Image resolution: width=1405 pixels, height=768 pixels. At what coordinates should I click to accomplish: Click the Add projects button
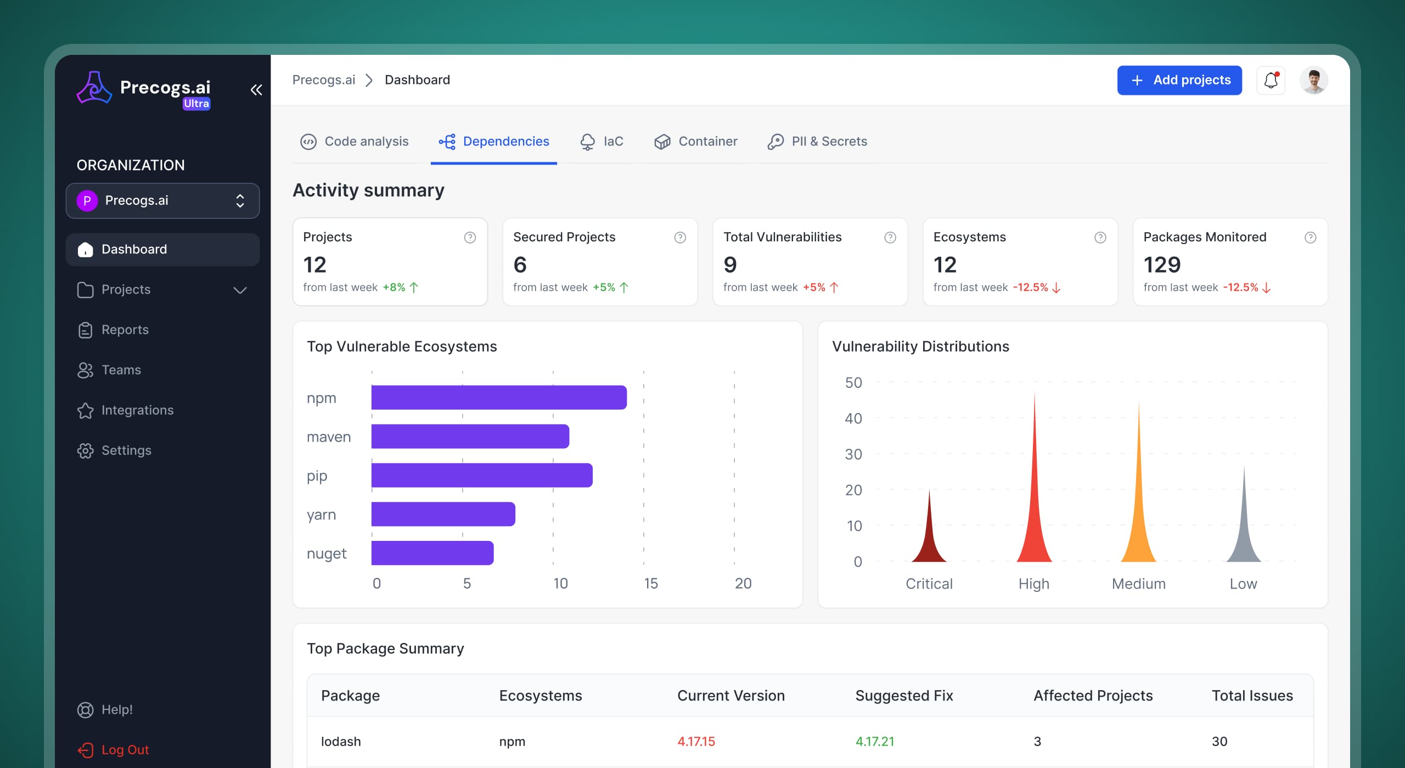pyautogui.click(x=1179, y=80)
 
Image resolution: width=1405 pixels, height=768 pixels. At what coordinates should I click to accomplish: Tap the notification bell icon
pyautogui.click(x=1271, y=81)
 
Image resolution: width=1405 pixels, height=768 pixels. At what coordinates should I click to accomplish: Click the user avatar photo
pyautogui.click(x=1313, y=81)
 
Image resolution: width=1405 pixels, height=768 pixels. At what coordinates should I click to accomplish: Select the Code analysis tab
pyautogui.click(x=355, y=142)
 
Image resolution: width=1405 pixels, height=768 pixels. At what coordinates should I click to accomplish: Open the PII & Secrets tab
pyautogui.click(x=817, y=142)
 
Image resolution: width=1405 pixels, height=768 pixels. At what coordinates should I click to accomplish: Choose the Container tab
pyautogui.click(x=695, y=142)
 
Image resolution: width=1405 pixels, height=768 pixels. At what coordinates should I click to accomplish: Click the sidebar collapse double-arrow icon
pyautogui.click(x=256, y=90)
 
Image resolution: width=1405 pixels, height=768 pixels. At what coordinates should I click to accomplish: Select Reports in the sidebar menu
pyautogui.click(x=125, y=330)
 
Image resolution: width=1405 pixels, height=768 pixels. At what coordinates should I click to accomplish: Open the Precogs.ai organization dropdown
pyautogui.click(x=162, y=201)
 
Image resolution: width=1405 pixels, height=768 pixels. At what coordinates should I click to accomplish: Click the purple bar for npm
pyautogui.click(x=498, y=398)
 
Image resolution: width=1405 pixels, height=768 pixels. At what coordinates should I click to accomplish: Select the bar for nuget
pyautogui.click(x=432, y=553)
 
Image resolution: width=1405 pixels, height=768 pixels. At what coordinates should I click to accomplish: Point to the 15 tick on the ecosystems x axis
pyautogui.click(x=651, y=583)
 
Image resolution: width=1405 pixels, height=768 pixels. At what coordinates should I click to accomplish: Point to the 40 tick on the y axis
pyautogui.click(x=853, y=419)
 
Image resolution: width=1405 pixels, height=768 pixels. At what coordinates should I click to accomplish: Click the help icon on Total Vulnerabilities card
pyautogui.click(x=890, y=238)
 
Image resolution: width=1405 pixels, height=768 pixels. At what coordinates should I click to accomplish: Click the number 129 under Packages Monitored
pyautogui.click(x=1162, y=265)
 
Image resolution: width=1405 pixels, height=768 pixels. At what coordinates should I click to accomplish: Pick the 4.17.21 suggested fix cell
pyautogui.click(x=875, y=742)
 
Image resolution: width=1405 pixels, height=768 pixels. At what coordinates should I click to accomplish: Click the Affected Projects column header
pyautogui.click(x=1093, y=696)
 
